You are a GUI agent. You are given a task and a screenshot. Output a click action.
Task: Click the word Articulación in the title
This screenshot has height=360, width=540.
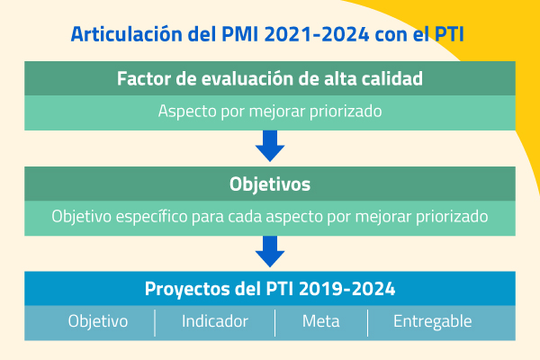point(126,34)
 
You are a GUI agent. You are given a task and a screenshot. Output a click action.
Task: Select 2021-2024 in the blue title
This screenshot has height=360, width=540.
point(317,34)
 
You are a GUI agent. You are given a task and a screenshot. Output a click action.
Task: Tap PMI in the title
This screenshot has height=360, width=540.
point(239,34)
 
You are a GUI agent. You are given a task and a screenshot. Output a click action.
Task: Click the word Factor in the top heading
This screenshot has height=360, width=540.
point(144,78)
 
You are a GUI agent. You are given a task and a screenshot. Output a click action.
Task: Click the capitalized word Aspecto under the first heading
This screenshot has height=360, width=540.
point(187,112)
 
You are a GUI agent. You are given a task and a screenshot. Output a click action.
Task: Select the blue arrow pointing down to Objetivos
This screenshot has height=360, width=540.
point(270,146)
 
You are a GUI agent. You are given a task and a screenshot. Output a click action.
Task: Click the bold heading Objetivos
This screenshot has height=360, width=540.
point(270,184)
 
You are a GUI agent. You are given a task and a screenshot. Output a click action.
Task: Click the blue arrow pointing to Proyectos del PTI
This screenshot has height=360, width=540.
point(270,251)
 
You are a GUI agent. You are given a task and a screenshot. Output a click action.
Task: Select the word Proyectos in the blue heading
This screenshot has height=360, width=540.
point(187,289)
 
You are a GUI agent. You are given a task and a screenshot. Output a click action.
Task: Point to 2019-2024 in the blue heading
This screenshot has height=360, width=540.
point(347,289)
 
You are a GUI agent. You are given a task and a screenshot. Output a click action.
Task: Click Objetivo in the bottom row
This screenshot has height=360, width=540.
point(98,321)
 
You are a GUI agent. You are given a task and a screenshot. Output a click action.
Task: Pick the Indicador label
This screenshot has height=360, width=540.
point(215,321)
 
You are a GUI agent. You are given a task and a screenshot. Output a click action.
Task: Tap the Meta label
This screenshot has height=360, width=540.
point(321,321)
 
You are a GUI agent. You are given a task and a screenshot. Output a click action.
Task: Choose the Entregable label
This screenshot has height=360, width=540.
point(433,321)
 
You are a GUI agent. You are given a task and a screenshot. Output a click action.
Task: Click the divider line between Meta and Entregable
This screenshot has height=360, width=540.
point(368,323)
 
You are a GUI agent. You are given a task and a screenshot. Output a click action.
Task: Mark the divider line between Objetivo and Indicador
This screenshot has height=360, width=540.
point(155,323)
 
